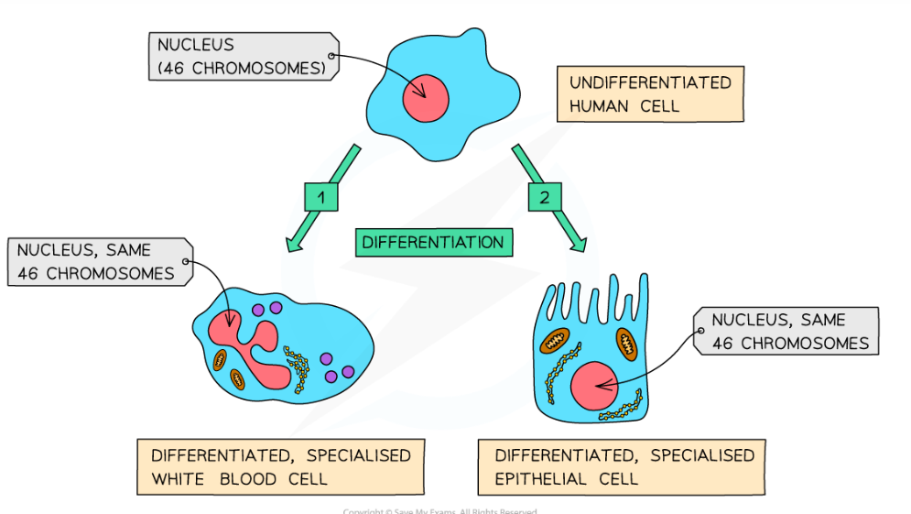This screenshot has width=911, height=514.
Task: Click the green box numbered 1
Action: (x=321, y=197)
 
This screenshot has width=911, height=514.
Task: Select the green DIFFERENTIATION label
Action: (x=432, y=242)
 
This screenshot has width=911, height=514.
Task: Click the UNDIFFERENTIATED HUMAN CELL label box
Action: (x=649, y=94)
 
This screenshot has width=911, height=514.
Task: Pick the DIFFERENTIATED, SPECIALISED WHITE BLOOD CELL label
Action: (x=280, y=466)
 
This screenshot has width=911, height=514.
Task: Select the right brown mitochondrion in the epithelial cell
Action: (x=627, y=344)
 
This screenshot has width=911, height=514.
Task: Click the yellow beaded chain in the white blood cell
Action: (x=297, y=366)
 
